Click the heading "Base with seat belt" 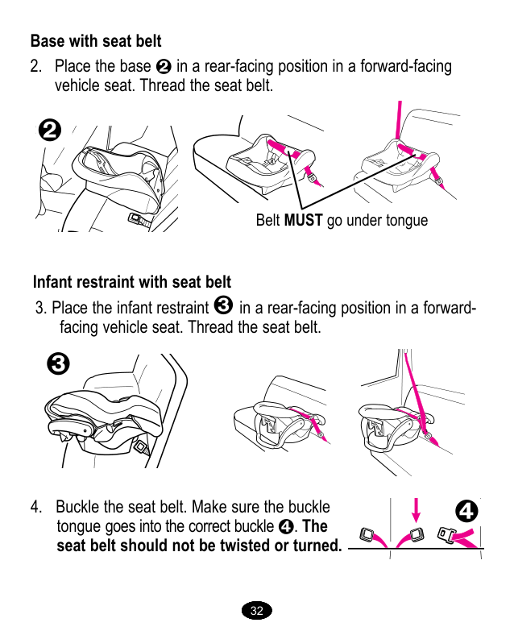(96, 41)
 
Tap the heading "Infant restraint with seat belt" (132, 282)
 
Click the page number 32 (256, 611)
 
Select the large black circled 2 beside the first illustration (50, 131)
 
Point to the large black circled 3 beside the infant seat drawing (58, 363)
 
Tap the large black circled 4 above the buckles (466, 511)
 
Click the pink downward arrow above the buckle (416, 510)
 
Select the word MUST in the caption (303, 220)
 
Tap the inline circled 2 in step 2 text (164, 66)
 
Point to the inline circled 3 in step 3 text (223, 305)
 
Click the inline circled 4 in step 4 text (286, 526)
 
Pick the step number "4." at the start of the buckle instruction (36, 507)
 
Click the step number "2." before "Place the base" (36, 66)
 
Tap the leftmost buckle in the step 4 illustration (367, 534)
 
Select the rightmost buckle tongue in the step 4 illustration (446, 534)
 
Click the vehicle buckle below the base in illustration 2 (137, 218)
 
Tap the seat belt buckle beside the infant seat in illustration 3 (141, 446)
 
